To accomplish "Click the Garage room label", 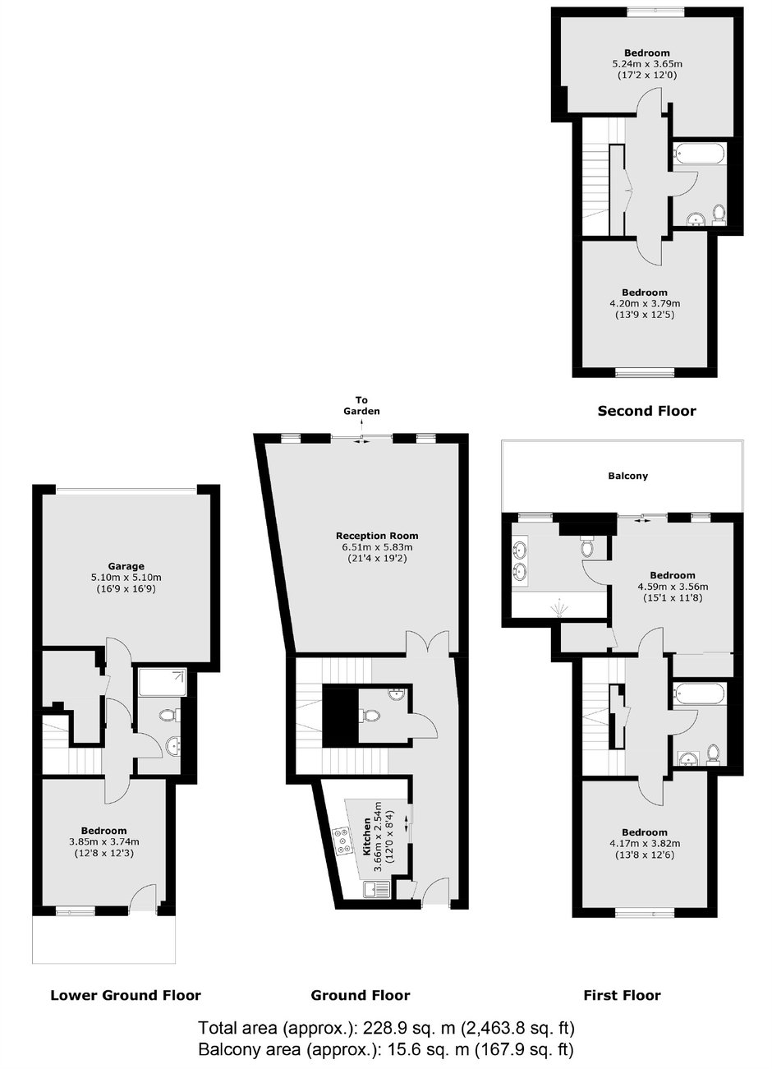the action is click(126, 566).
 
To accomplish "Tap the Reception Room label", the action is click(377, 536).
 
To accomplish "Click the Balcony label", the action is click(628, 476).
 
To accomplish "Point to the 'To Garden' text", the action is click(361, 406).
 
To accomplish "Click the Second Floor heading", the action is click(646, 411).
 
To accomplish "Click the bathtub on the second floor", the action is click(700, 154).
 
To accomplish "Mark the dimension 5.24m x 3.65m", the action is click(647, 64).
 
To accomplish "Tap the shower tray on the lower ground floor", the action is click(163, 683).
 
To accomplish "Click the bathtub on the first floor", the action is click(700, 693).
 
